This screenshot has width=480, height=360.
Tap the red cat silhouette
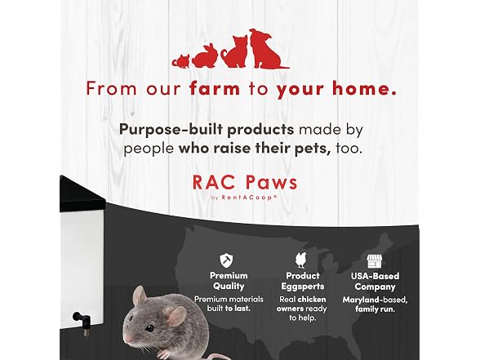(x=235, y=51)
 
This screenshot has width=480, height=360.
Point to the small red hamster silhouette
(x=181, y=61)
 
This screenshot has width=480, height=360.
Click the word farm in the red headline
(x=215, y=88)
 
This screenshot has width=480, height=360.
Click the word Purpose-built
(x=171, y=130)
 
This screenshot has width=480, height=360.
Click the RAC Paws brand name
(x=245, y=183)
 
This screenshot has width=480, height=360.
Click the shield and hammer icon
(x=226, y=260)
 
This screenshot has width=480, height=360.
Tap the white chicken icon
(x=301, y=260)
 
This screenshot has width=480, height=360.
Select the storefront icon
(x=375, y=261)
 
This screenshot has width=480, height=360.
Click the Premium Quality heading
(x=229, y=281)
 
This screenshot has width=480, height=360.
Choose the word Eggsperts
(x=302, y=287)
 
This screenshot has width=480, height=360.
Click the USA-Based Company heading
(x=375, y=282)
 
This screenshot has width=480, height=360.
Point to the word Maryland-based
(x=375, y=300)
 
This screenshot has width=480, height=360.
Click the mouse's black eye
(x=149, y=328)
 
